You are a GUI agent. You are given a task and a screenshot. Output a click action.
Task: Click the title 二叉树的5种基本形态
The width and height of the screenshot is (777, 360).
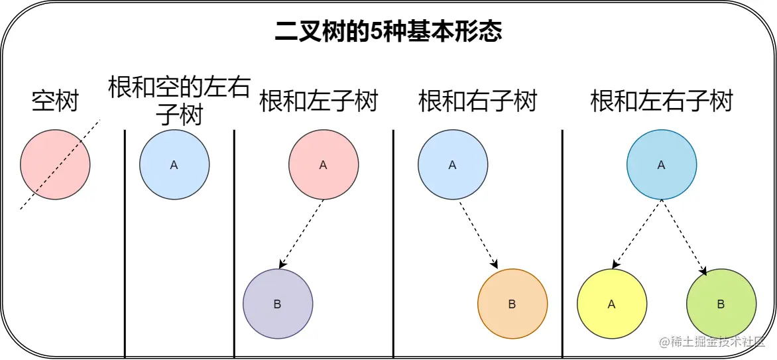click(x=388, y=32)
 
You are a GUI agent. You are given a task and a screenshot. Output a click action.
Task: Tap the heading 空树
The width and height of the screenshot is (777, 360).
click(x=55, y=101)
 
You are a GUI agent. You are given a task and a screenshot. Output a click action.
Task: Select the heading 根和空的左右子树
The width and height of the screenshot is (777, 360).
click(x=178, y=101)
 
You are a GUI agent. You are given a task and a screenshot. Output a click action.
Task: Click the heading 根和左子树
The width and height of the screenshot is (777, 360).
click(x=318, y=101)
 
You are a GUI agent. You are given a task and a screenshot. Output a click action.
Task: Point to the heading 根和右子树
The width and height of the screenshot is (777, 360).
click(x=477, y=101)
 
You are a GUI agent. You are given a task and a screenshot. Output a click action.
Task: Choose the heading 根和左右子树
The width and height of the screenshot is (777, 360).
click(x=662, y=101)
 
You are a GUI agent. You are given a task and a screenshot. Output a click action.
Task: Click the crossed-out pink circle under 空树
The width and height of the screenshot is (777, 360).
click(x=55, y=164)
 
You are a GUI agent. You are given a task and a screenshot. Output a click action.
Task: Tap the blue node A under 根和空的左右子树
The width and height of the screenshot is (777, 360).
click(x=174, y=165)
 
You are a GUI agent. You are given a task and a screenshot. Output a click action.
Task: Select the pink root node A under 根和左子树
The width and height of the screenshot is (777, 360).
click(x=324, y=165)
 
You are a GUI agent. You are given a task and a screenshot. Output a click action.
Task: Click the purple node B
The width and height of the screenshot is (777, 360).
click(x=278, y=304)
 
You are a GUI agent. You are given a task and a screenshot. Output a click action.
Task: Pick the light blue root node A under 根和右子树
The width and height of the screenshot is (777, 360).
click(x=453, y=165)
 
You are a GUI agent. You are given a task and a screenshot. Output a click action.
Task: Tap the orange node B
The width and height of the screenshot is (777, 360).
click(x=512, y=304)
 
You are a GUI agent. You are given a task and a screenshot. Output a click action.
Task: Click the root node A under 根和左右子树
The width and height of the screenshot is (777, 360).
click(x=662, y=165)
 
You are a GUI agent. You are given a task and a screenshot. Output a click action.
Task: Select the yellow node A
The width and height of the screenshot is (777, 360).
click(x=612, y=304)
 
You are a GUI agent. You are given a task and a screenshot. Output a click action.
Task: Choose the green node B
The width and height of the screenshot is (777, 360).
click(x=721, y=304)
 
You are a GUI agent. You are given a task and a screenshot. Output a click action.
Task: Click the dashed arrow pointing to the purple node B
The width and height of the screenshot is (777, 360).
click(x=302, y=234)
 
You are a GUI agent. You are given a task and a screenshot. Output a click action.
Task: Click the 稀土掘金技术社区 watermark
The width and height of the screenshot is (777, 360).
click(x=712, y=342)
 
